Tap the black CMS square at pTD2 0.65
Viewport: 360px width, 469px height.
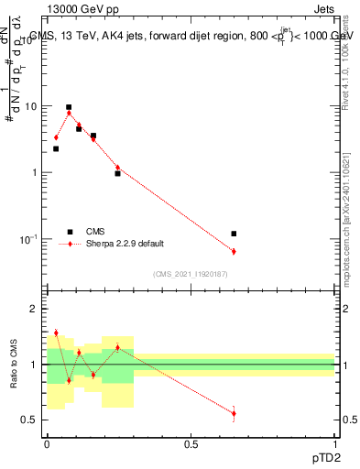point(234,234)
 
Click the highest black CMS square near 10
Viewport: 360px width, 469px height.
point(69,107)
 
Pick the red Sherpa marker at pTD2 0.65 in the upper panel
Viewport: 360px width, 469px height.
point(234,251)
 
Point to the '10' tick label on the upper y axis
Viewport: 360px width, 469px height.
point(32,106)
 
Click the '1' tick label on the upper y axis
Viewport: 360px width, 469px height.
point(36,173)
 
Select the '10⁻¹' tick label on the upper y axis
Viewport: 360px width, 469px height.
point(29,239)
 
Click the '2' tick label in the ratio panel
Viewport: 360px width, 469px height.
point(36,310)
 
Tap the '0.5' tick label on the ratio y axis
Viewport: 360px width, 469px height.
point(32,420)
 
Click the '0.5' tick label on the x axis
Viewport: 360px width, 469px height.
point(191,443)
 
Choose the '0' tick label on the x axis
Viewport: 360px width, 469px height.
point(47,443)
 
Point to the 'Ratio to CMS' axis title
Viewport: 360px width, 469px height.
point(13,365)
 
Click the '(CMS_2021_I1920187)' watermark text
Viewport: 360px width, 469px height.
point(190,274)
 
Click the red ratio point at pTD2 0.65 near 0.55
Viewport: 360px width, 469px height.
point(234,413)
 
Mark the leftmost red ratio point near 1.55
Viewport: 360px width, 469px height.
point(56,333)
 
